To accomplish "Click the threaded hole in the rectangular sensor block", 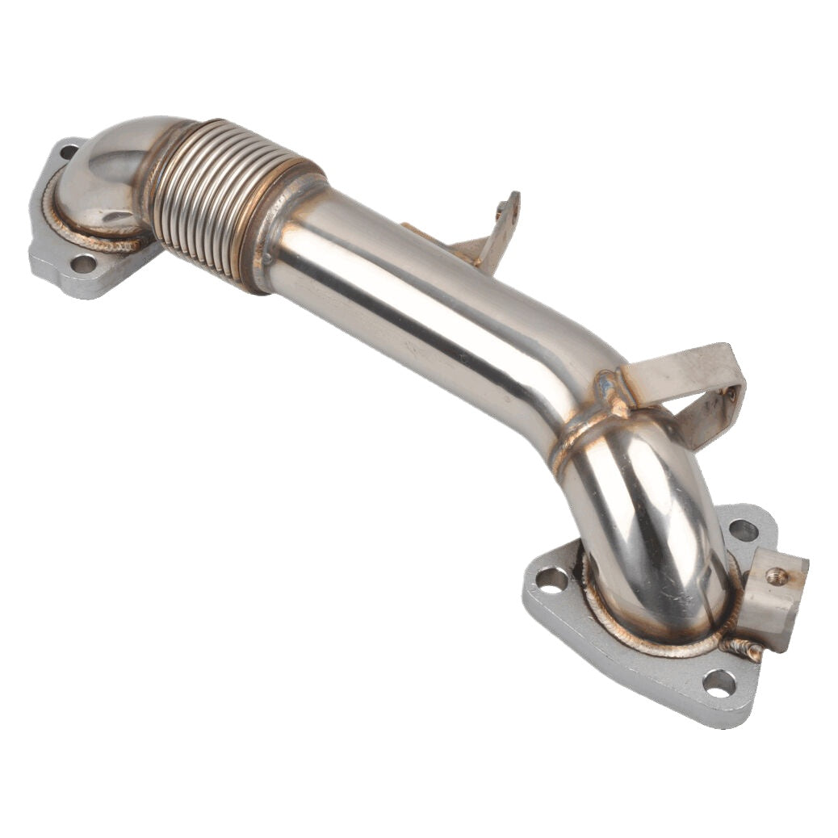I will point(777,576).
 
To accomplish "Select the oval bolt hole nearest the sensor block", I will point(744,530).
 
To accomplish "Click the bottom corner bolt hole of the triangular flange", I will point(719,683).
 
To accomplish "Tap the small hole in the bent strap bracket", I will point(730,396).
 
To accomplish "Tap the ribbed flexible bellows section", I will point(218,202).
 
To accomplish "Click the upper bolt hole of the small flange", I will point(69,151).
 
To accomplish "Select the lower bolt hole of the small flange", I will point(82,263).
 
